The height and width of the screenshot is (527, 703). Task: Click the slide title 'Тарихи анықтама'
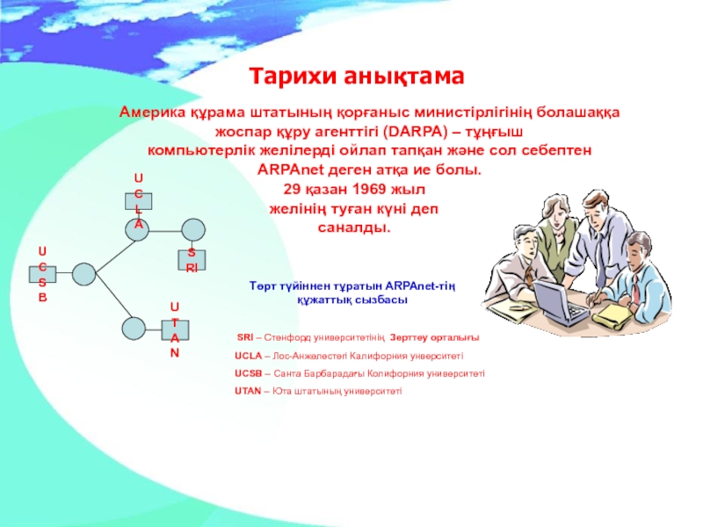click(x=355, y=76)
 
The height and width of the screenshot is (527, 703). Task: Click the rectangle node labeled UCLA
click(x=138, y=200)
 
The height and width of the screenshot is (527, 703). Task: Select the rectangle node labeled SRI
click(x=191, y=259)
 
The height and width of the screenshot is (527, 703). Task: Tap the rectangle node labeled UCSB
click(x=42, y=274)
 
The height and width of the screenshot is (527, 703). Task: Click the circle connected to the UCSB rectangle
click(x=83, y=274)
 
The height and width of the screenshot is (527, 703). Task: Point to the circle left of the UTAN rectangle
click(x=134, y=328)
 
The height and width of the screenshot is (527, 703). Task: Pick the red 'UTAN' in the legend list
click(x=248, y=391)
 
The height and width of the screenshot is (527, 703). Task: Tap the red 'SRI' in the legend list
click(x=245, y=338)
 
